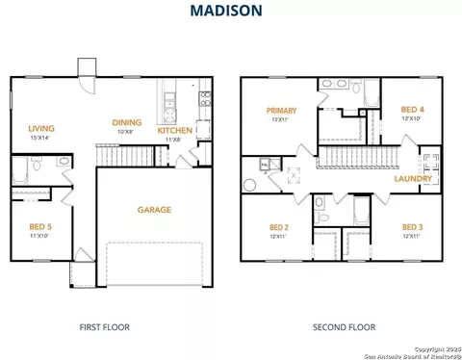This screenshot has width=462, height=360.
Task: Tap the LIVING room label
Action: (40, 127)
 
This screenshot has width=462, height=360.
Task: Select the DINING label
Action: (126, 122)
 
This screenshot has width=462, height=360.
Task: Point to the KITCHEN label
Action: (174, 130)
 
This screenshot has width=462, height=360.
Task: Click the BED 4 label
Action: (412, 110)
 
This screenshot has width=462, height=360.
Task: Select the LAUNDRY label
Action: (412, 178)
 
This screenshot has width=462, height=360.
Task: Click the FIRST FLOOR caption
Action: (104, 327)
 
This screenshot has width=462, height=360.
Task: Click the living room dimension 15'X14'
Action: (40, 137)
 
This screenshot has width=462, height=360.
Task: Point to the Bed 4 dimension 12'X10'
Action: (412, 118)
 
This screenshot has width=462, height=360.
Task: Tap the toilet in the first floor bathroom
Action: (37, 167)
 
